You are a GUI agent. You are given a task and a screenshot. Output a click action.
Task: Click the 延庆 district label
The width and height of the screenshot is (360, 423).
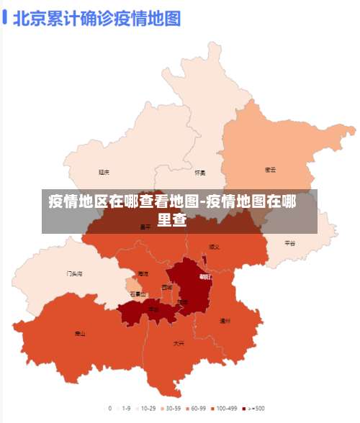point(104,172)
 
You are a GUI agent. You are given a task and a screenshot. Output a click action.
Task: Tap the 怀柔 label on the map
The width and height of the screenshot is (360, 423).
point(200,173)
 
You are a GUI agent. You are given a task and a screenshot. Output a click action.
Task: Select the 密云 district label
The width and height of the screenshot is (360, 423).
point(271,170)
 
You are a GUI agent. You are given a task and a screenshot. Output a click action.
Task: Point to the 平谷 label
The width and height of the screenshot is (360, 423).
point(289,243)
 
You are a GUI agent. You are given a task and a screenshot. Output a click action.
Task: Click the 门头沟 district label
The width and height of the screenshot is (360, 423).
point(74,274)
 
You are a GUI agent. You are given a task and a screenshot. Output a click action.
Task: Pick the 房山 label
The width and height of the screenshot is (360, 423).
point(80,334)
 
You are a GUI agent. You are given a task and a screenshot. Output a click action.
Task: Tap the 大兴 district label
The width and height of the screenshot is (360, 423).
point(179,343)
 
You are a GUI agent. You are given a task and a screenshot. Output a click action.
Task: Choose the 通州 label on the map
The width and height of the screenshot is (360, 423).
point(225,321)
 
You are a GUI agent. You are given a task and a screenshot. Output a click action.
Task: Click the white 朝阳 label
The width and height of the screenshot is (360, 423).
point(205,276)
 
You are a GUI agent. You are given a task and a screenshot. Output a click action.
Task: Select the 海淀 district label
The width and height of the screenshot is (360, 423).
point(143,274)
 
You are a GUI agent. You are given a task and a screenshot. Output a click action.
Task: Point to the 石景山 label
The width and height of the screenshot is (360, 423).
point(138,294)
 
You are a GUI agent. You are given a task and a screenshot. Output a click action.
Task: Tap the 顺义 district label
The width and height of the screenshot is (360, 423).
point(214,247)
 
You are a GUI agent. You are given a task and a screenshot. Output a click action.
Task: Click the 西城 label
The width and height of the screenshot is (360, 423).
point(167,287)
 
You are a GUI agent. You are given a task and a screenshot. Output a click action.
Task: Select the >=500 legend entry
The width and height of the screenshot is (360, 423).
point(253,408)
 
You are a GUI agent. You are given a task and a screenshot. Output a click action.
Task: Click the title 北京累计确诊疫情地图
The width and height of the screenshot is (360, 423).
point(96,18)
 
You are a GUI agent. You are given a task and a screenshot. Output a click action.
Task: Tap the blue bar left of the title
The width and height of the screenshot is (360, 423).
point(5,17)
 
